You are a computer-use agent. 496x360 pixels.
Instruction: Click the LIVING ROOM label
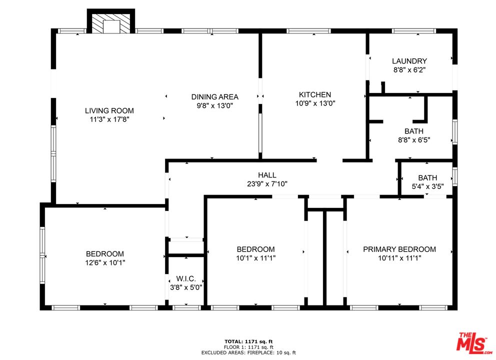pos(109,110)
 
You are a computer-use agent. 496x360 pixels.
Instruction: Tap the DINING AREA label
pos(214,97)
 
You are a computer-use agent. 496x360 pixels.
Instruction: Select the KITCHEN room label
pos(314,94)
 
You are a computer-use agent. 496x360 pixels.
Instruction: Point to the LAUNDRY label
pos(409,61)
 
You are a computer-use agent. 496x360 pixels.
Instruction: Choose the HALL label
pos(267,175)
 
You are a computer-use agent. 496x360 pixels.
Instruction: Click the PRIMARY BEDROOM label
pos(399,249)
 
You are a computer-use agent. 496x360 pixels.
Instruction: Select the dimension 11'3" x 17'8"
pos(109,119)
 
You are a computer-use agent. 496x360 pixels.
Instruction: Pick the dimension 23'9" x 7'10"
pos(267,183)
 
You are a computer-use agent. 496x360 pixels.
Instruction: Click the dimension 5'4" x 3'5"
pos(427,186)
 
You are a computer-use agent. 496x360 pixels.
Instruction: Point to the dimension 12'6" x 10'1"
pos(104,262)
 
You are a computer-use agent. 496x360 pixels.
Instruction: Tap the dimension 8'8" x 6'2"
pos(409,70)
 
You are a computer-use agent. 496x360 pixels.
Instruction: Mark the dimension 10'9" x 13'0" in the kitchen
pos(314,103)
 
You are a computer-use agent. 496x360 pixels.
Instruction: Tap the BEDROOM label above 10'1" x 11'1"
pos(255,249)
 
